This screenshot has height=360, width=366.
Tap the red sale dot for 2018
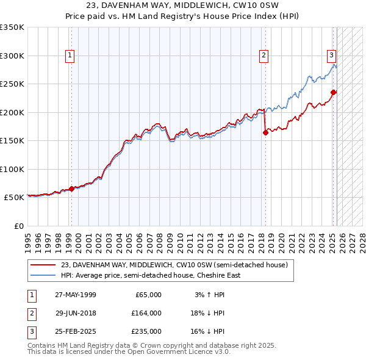(x=265, y=133)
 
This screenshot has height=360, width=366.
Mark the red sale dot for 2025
(x=334, y=92)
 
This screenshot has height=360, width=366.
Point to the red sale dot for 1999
(x=71, y=189)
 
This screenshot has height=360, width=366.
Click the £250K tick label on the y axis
(x=12, y=84)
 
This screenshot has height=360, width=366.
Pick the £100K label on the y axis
(x=12, y=169)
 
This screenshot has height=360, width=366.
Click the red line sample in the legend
(x=44, y=265)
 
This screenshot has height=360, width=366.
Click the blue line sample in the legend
(x=44, y=275)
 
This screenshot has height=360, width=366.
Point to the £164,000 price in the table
(x=146, y=313)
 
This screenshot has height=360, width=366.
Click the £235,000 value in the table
(x=146, y=331)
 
